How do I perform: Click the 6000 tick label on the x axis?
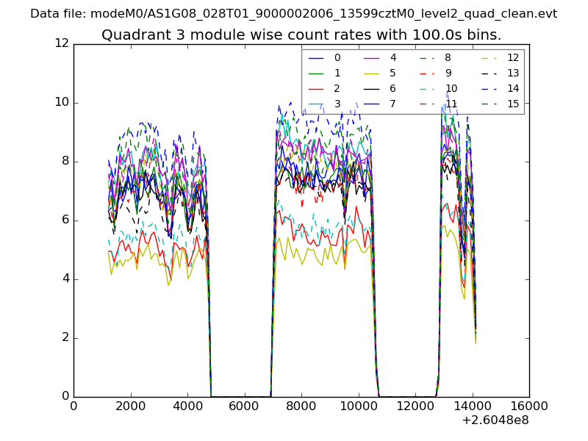[x=244, y=406]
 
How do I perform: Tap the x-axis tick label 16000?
[x=529, y=406]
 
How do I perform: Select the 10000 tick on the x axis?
[x=358, y=406]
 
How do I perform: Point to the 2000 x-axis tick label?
[x=130, y=406]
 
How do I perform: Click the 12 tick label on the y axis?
[x=61, y=43]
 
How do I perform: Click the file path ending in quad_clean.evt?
[x=323, y=14]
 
